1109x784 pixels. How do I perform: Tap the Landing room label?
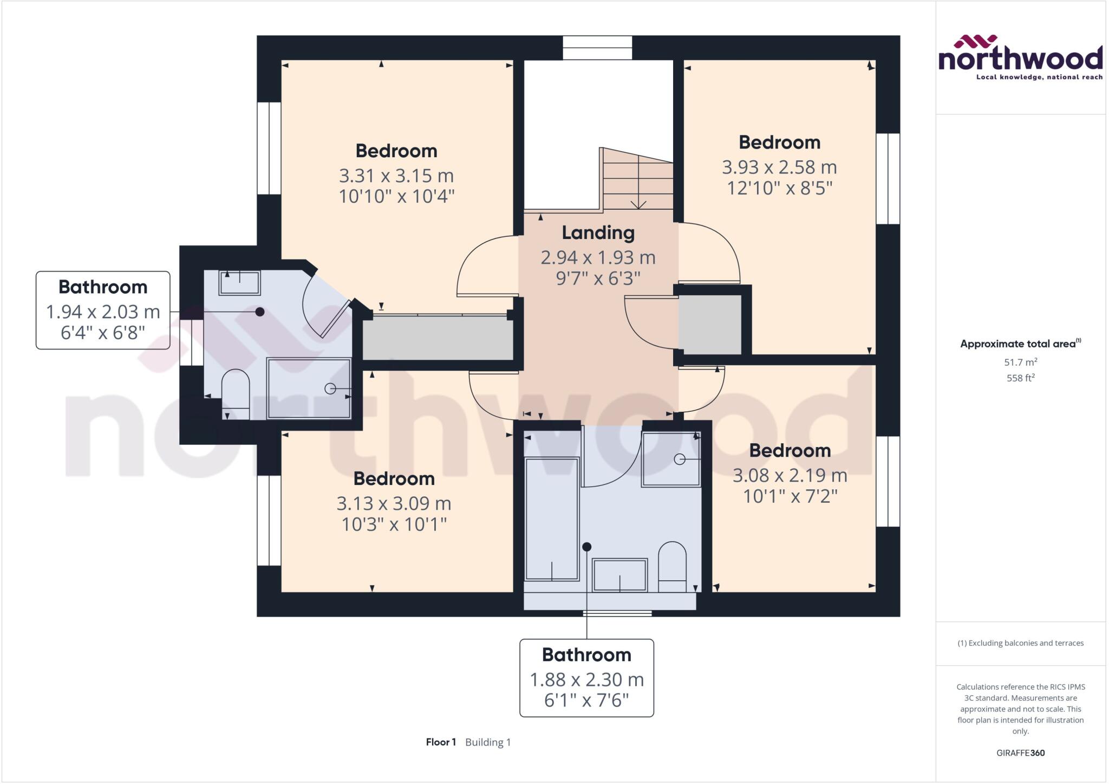point(598,233)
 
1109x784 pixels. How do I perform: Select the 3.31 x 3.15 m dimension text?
point(396,176)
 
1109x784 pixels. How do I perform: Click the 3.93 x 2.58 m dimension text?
point(779,167)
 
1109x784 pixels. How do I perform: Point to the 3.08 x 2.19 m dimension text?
point(790,476)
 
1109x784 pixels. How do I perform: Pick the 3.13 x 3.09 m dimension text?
point(394,504)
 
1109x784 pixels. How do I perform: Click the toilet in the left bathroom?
point(236,393)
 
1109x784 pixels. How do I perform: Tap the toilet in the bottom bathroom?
point(672,566)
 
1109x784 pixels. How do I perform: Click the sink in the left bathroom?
point(239,283)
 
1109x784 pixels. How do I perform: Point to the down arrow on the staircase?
point(639,203)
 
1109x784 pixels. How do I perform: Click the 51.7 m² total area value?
point(1020,362)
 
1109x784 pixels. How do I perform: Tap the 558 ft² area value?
point(1020,378)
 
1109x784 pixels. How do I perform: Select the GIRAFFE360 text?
point(1020,753)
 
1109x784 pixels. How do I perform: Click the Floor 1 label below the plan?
point(441,742)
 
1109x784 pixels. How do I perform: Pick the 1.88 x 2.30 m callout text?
point(586,680)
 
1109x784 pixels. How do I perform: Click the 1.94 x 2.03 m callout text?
point(103,312)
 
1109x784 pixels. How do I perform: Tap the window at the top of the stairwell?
point(597,48)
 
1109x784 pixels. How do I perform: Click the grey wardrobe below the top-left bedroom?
point(438,338)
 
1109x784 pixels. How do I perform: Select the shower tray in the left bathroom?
point(309,388)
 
